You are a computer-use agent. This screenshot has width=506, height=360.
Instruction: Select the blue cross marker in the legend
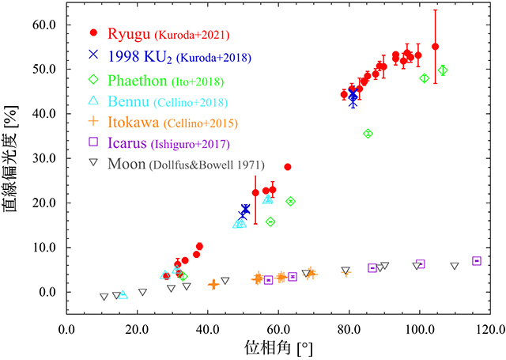[93, 55]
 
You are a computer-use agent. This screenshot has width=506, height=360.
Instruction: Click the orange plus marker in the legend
[93, 122]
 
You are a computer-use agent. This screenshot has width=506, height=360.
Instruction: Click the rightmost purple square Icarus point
[477, 261]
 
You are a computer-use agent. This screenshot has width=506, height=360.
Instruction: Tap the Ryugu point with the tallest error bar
[435, 47]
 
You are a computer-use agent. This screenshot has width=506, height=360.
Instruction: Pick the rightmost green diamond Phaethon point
[443, 70]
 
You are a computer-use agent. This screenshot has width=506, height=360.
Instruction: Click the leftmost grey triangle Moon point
[104, 297]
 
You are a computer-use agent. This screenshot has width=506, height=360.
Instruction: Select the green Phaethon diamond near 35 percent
[368, 134]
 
